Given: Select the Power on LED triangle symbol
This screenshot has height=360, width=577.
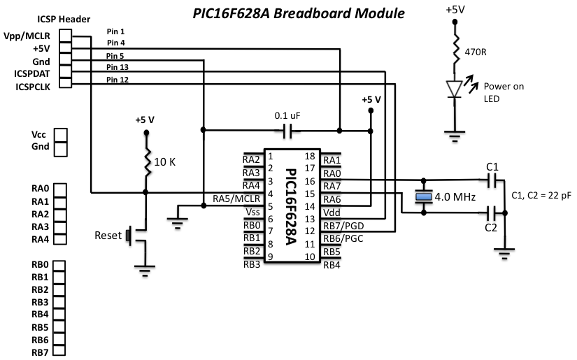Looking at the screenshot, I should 455,87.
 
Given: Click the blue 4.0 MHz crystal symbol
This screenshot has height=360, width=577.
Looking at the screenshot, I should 422,197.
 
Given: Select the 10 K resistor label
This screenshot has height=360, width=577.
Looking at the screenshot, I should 164,161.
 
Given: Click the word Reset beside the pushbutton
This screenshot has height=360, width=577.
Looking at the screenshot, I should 108,236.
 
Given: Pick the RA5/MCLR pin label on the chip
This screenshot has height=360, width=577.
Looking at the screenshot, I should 236,199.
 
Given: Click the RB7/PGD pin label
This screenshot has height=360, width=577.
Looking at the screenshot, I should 343,225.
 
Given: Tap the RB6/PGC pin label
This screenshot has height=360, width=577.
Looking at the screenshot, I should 343,238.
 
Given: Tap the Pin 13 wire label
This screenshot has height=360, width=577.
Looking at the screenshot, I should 118,68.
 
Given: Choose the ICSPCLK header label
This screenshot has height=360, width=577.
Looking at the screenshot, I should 33,85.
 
